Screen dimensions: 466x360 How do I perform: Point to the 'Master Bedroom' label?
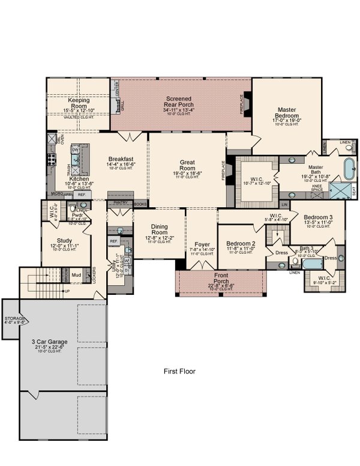[x=286, y=113]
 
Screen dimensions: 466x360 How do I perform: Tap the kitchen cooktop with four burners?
[x=52, y=160]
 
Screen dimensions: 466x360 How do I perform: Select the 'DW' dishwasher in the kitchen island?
[x=76, y=150]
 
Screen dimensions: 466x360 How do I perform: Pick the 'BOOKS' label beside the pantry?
[x=140, y=204]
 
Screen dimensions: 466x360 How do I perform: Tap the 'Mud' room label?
[x=77, y=276]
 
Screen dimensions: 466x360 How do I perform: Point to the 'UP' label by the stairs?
[x=67, y=291]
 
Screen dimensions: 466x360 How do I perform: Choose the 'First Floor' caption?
[x=179, y=371]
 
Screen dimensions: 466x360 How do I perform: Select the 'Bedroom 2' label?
[x=240, y=244]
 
